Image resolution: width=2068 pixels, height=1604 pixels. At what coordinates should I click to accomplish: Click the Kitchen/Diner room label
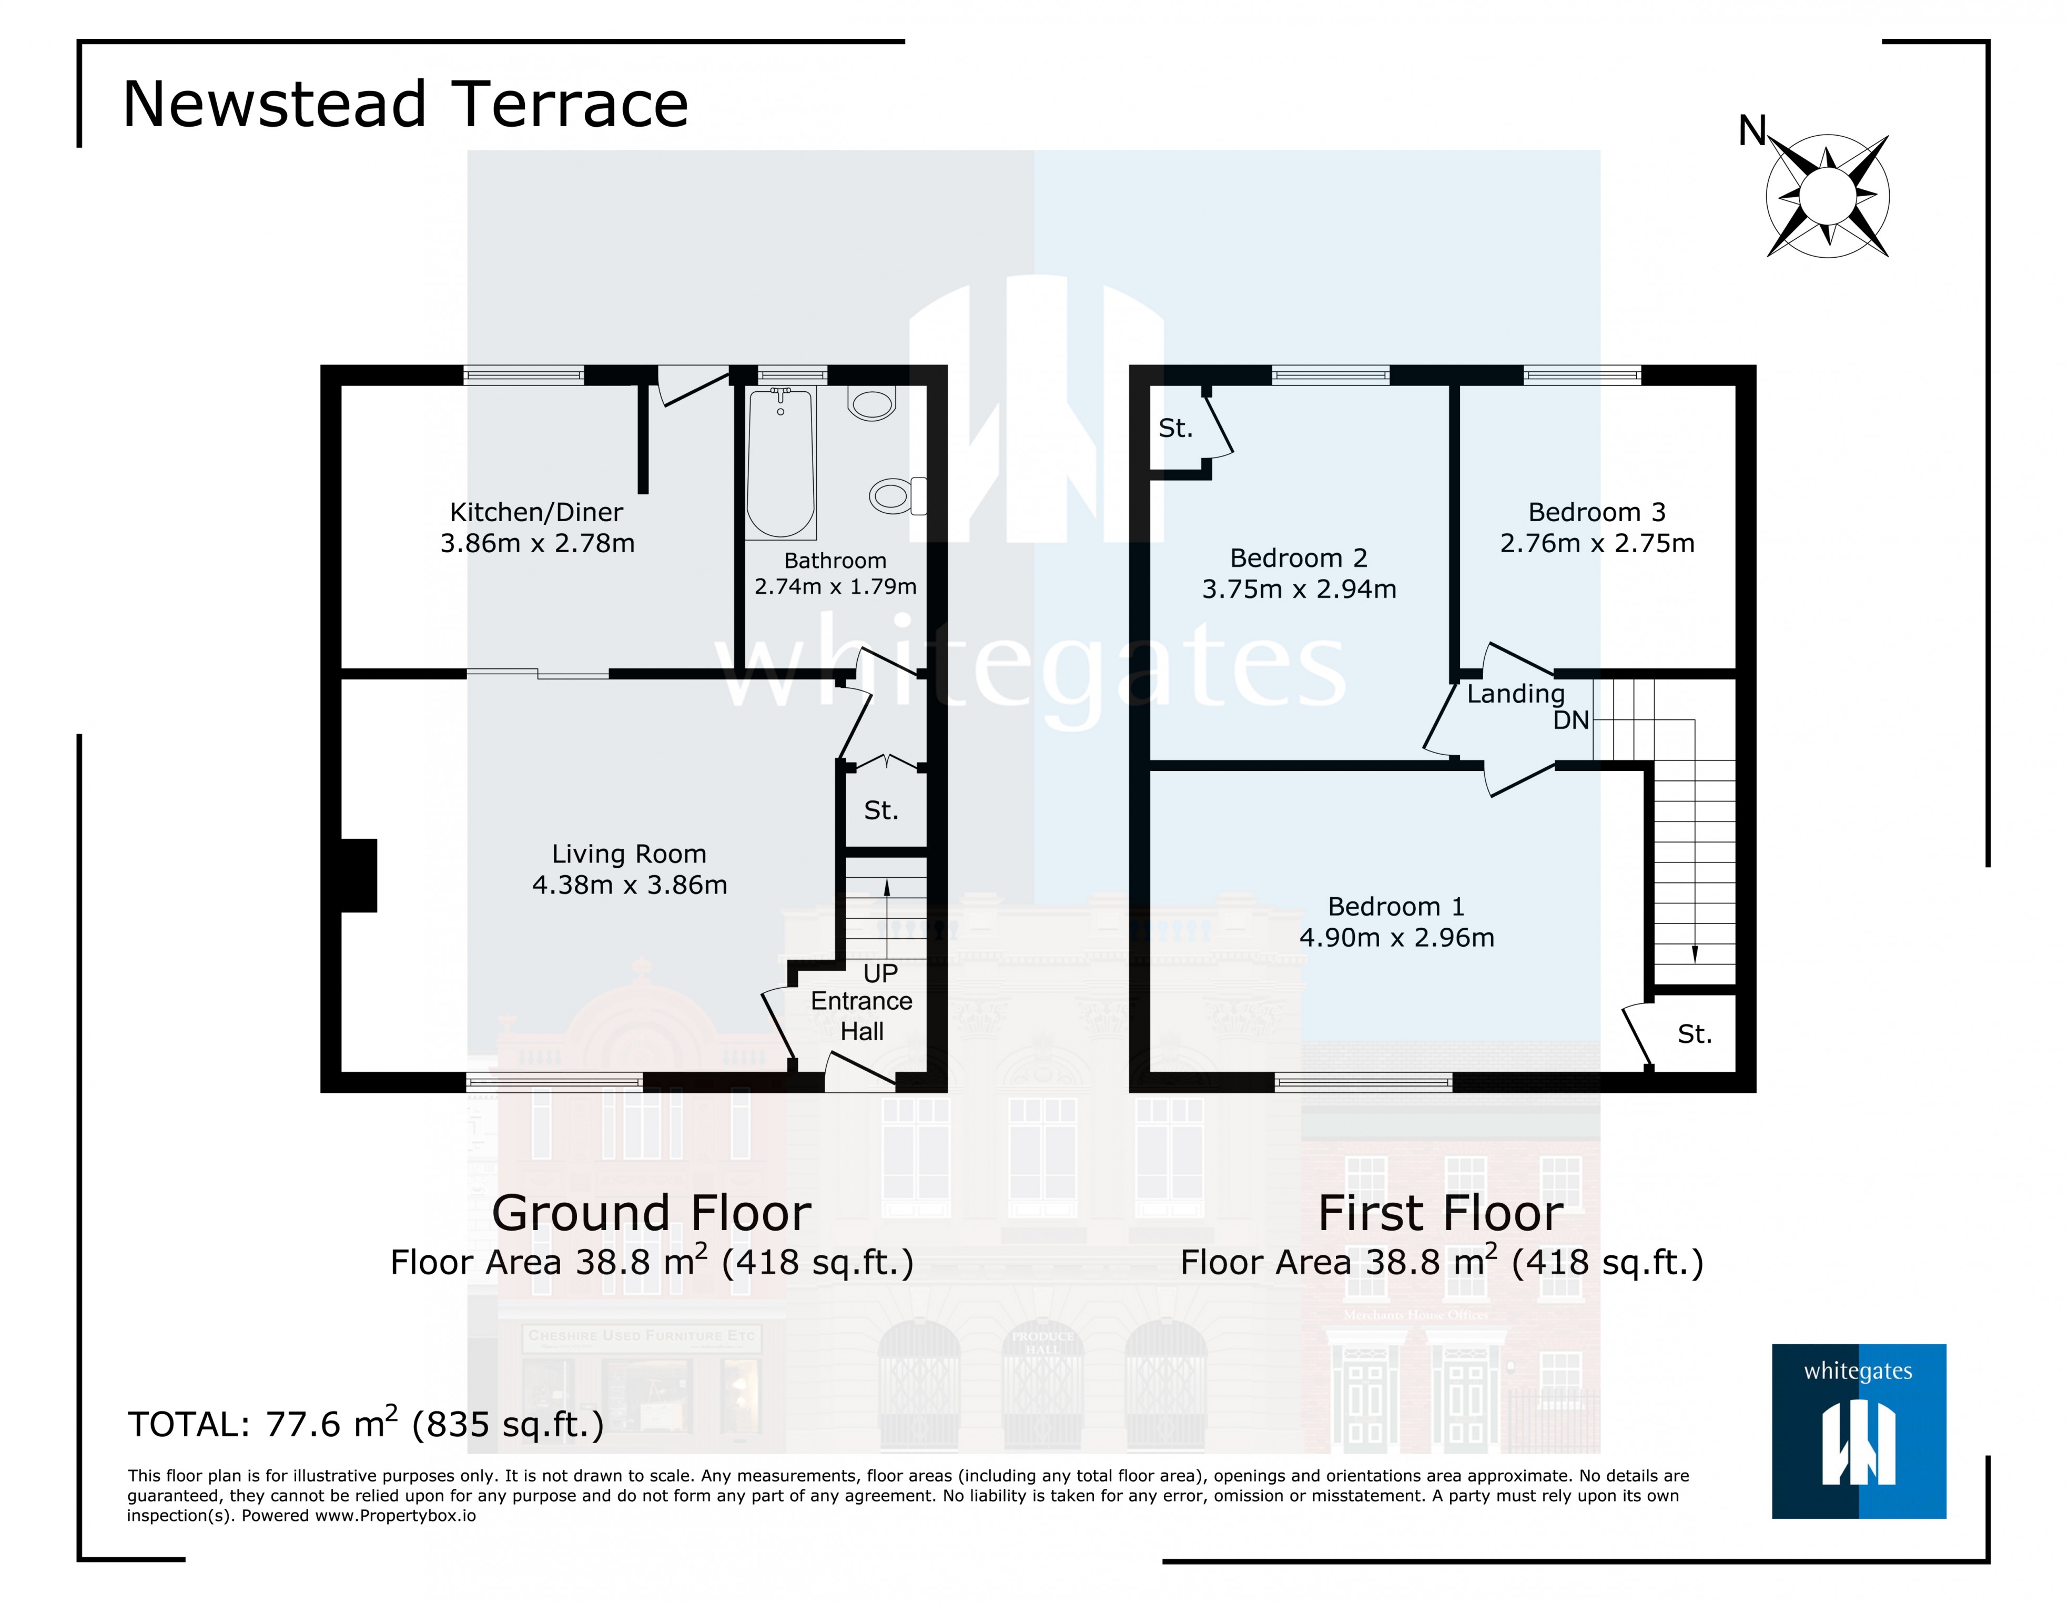click(536, 512)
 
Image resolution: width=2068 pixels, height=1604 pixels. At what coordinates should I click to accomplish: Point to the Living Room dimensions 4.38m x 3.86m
click(630, 885)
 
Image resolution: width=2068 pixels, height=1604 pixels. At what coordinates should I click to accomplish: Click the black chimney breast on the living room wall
click(359, 875)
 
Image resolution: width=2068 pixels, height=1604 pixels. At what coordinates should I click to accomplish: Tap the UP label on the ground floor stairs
click(880, 973)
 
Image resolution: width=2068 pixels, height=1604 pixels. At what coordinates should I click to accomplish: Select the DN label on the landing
click(1571, 720)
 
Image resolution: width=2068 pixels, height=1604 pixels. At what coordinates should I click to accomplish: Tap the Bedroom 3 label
click(1596, 512)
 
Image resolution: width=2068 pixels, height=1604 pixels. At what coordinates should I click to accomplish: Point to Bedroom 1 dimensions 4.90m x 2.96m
click(1397, 937)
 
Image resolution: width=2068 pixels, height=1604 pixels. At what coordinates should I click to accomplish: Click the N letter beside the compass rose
click(1752, 130)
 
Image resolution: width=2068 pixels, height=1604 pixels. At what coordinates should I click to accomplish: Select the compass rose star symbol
click(1828, 196)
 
